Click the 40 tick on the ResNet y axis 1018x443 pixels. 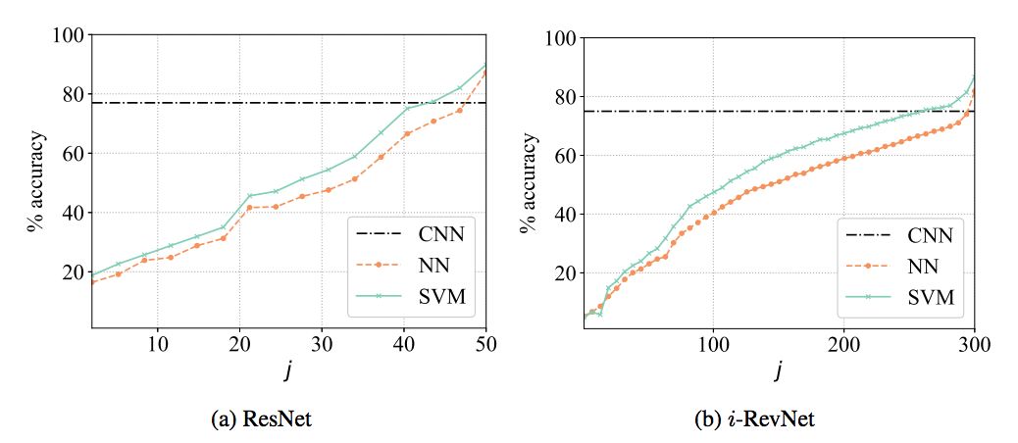click(x=72, y=213)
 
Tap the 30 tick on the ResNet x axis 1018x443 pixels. click(x=322, y=344)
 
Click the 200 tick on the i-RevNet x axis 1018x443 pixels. click(x=843, y=344)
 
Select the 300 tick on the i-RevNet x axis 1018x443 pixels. click(x=974, y=344)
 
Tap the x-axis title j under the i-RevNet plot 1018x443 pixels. click(x=779, y=371)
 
